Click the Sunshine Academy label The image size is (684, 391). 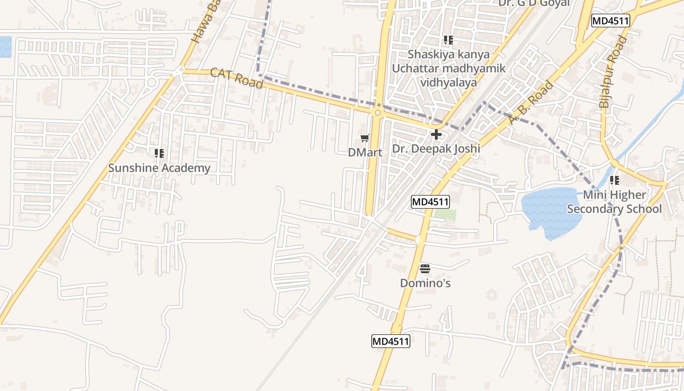tap(159, 168)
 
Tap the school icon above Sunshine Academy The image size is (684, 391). tap(159, 154)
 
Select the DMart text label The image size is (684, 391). tap(365, 152)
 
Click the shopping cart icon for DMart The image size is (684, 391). tap(365, 138)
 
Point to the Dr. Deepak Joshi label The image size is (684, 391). tap(436, 148)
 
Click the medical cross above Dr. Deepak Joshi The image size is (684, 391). tap(436, 134)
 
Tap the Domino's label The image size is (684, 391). tap(425, 283)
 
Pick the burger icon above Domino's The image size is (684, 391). tap(425, 268)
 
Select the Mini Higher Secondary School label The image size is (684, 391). tap(614, 202)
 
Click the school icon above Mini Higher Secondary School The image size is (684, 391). tap(614, 180)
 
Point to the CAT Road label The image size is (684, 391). tap(236, 78)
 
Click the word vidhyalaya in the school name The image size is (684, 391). tap(448, 82)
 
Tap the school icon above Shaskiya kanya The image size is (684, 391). tap(448, 40)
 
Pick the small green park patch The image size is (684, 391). tap(445, 215)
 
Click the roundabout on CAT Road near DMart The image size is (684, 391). tap(377, 113)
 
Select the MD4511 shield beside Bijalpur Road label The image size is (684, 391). tap(610, 21)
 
